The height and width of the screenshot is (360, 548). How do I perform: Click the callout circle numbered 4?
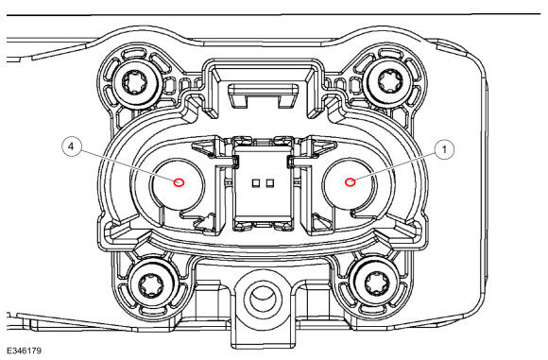coord(71,146)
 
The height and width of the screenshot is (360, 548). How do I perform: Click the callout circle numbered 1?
coord(445,149)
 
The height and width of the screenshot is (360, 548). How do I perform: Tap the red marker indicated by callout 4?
coord(179,182)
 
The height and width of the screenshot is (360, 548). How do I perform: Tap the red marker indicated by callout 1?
coord(350,182)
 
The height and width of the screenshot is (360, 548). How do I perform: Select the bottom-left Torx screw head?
coord(151,286)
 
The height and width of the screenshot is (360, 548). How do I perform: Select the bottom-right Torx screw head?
coord(377,283)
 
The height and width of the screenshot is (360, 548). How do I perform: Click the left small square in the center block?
coord(255,182)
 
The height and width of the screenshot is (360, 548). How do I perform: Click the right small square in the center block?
coord(269,182)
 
